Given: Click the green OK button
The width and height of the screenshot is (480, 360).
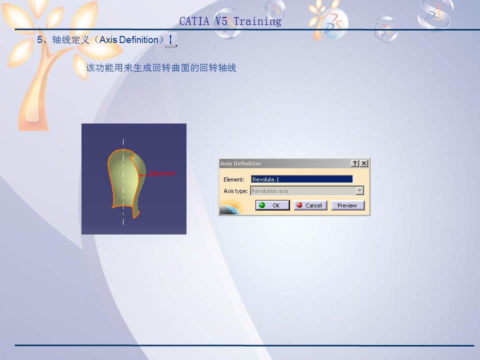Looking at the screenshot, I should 272,205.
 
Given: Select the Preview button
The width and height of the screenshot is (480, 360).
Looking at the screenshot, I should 347,205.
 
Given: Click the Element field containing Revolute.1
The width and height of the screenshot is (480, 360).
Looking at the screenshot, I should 301,179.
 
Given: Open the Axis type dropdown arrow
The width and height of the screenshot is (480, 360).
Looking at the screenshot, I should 359,191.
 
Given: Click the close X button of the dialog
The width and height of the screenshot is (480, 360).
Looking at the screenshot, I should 364,163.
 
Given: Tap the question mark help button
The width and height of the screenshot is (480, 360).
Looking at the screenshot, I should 354,163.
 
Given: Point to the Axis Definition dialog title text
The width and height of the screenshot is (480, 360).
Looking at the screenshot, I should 240,163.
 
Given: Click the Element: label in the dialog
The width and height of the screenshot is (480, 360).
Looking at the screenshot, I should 234,179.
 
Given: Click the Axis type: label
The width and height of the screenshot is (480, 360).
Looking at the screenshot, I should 235,191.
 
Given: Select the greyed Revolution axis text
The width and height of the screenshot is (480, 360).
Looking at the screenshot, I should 270,191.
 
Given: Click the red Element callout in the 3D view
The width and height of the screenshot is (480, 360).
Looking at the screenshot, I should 162,173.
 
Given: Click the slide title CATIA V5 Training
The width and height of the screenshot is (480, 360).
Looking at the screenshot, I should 230,21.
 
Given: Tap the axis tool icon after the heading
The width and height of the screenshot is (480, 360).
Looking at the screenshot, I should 170,40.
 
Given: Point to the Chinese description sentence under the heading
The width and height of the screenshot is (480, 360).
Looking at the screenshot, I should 161,67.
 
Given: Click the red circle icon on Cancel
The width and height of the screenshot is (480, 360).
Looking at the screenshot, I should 299,205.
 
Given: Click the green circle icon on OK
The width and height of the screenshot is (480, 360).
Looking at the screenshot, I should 262,205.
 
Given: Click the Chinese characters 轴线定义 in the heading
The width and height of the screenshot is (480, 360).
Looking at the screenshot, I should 71,40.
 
